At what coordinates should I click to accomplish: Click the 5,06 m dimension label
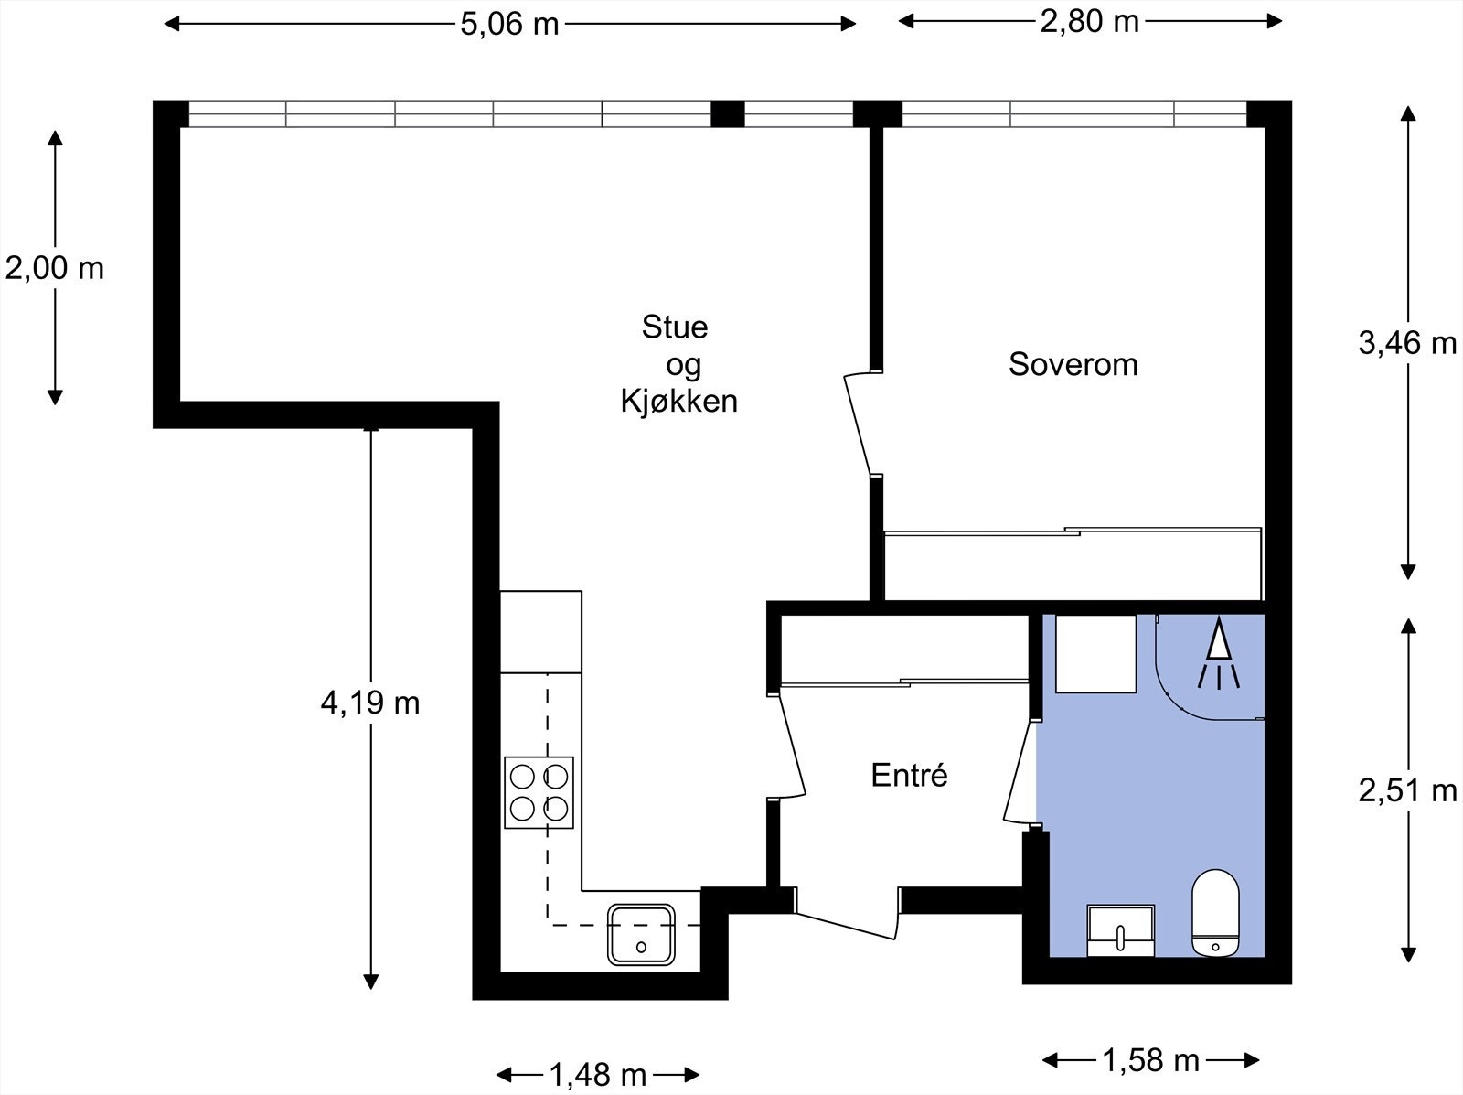(x=509, y=26)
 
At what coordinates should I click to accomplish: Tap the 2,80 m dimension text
(x=1090, y=22)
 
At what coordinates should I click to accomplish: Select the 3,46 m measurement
(x=1407, y=343)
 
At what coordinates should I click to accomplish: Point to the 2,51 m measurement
(x=1407, y=791)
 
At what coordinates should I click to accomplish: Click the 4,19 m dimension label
(x=370, y=703)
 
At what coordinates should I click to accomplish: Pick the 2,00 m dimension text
(x=55, y=269)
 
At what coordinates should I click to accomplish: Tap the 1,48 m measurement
(x=598, y=1074)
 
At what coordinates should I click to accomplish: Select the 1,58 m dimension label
(x=1151, y=1059)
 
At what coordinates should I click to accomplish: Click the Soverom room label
(x=1073, y=365)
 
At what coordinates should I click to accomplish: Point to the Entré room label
(x=909, y=775)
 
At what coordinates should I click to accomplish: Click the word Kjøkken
(x=679, y=402)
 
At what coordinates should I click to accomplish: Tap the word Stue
(x=675, y=327)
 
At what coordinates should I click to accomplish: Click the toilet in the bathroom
(x=1215, y=913)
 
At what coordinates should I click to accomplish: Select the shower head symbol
(x=1218, y=653)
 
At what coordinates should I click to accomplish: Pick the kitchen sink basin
(x=641, y=934)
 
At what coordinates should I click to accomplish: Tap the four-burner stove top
(x=539, y=792)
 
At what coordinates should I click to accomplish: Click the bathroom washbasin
(x=1120, y=930)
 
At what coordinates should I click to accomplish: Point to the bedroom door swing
(x=859, y=424)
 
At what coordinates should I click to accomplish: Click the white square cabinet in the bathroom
(x=1095, y=653)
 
